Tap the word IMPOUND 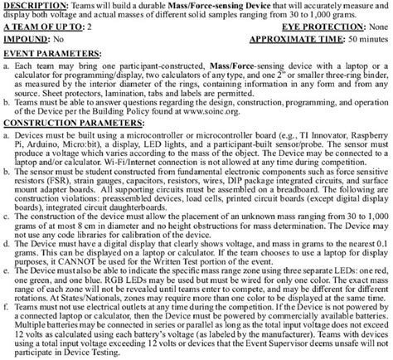tap(26, 38)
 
